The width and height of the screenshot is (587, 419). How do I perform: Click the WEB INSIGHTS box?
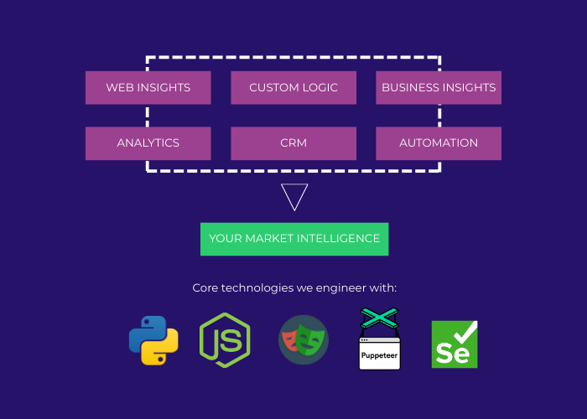pos(148,87)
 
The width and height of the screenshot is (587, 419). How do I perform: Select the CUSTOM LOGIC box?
pos(293,87)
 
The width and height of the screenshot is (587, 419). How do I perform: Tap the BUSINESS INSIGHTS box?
pos(439,87)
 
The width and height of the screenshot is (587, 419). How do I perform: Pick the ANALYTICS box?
pos(148,142)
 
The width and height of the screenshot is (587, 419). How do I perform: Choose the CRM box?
pos(293,142)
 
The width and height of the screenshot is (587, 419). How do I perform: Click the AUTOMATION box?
pos(439,142)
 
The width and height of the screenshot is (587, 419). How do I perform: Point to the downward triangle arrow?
pos(294,195)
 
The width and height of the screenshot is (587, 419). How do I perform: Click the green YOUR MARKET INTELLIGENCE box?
pos(294,239)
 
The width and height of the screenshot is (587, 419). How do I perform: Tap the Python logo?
pos(153,341)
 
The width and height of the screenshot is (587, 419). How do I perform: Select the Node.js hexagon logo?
pos(225,341)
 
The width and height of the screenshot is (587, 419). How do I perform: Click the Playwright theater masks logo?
pos(303,339)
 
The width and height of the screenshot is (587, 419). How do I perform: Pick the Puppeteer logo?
pos(379,339)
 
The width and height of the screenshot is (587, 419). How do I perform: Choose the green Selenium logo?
pos(455,344)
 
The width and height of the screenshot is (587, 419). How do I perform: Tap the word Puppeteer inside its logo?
pos(379,355)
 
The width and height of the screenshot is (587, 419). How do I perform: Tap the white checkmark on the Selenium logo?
pos(466,334)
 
